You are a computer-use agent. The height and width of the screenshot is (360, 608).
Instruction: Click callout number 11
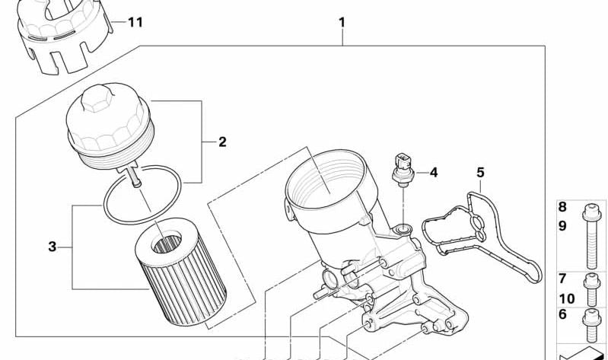(x=135, y=22)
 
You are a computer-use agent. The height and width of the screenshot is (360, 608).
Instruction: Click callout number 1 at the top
(x=342, y=23)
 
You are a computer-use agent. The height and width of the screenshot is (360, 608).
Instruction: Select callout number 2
(x=222, y=142)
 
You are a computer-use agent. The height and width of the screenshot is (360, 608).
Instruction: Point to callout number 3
(x=53, y=247)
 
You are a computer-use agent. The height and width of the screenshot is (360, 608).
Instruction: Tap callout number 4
(x=434, y=173)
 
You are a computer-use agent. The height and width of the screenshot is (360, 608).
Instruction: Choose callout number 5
(x=480, y=172)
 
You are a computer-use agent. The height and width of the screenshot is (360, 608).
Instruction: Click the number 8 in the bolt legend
(x=562, y=207)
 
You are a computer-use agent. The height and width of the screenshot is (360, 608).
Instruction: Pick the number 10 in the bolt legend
(x=566, y=298)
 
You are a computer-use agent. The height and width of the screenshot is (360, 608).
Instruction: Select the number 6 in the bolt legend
(x=562, y=314)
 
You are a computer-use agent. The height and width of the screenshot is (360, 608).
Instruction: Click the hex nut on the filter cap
(x=96, y=98)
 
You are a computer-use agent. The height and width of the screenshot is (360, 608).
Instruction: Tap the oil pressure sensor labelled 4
(x=403, y=170)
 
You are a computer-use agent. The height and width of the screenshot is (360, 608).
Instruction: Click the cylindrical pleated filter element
(x=180, y=272)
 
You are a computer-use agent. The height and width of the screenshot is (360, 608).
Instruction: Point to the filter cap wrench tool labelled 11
(x=64, y=35)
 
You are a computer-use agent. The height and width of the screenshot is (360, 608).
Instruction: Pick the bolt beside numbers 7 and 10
(x=591, y=289)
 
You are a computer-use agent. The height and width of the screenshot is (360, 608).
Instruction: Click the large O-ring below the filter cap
(x=142, y=195)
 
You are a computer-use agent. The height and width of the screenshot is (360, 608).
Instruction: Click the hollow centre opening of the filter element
(x=167, y=243)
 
